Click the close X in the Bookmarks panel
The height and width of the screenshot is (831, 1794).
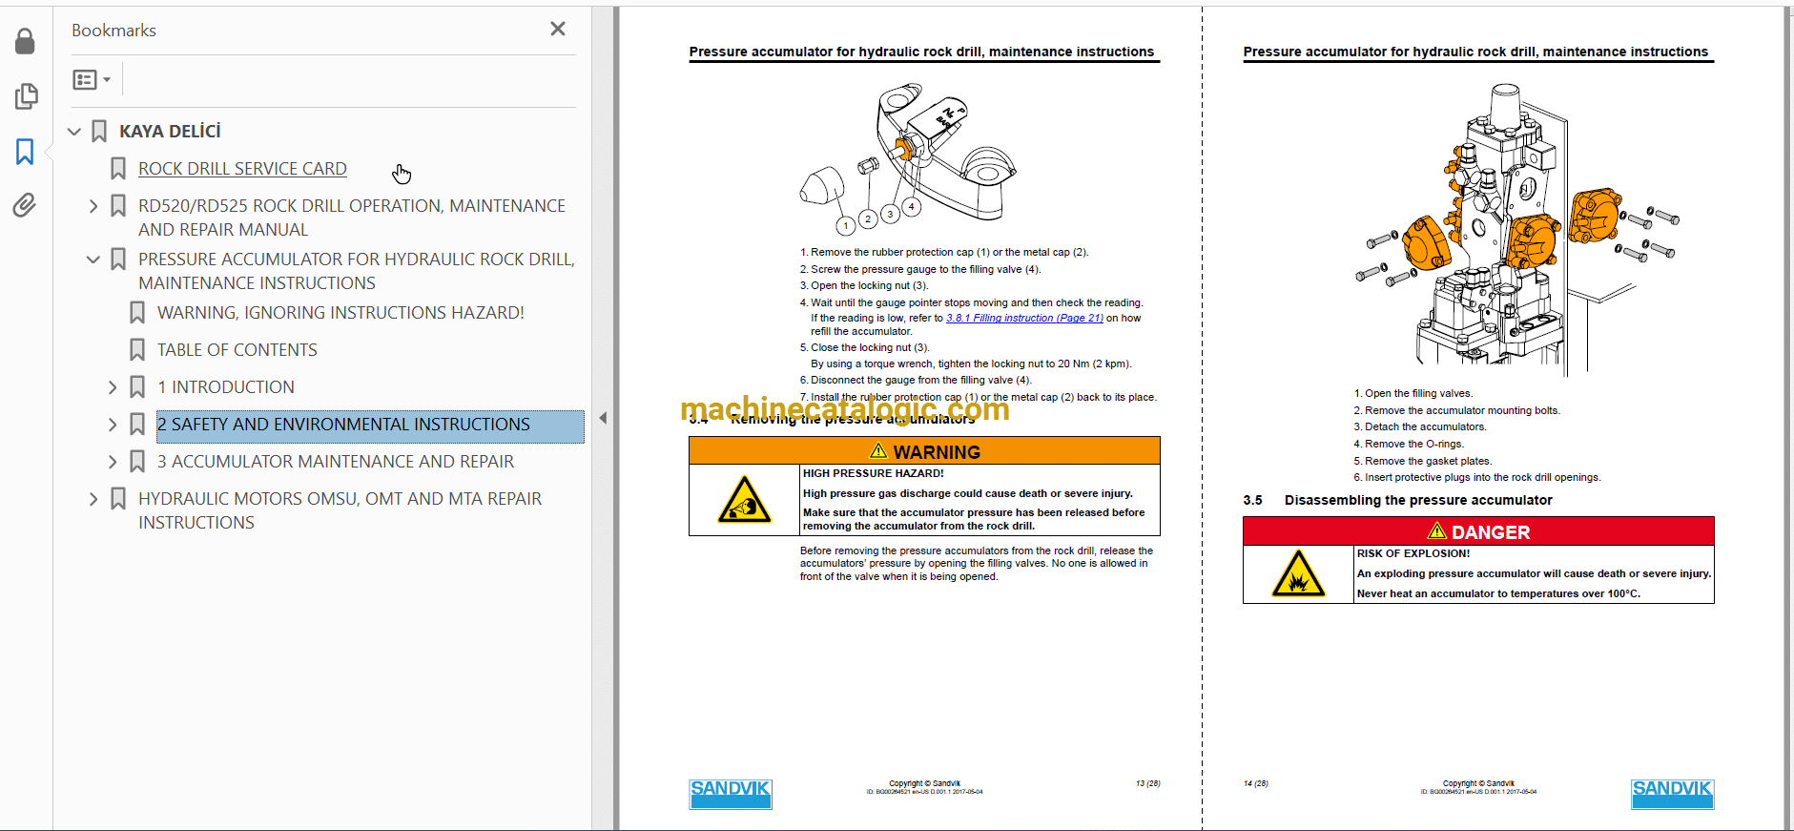point(558,30)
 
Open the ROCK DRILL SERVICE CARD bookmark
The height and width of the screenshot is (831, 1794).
point(242,169)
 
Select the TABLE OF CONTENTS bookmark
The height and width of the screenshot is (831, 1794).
point(237,350)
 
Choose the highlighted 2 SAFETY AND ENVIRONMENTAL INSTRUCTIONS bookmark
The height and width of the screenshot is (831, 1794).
point(343,425)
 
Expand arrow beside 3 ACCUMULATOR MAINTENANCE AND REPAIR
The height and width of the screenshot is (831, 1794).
point(113,462)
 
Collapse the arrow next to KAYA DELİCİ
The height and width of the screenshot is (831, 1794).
point(74,132)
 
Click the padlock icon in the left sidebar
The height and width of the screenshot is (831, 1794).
point(25,42)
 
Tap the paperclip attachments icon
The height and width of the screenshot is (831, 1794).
point(25,205)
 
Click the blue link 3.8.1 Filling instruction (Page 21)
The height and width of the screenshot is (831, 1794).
point(1023,319)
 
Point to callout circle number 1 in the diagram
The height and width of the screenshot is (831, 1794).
point(845,226)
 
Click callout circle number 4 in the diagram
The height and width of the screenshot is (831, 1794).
point(912,206)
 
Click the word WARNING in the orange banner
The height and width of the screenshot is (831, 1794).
point(936,452)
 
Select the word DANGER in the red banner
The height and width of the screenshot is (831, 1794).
point(1490,532)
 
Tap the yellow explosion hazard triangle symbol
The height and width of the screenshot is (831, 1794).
point(1297,575)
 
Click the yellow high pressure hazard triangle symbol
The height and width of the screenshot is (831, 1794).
point(744,501)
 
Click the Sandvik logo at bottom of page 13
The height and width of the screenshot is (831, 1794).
point(731,794)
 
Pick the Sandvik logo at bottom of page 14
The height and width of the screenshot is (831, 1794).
point(1672,794)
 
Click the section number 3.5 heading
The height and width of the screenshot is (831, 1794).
point(1252,501)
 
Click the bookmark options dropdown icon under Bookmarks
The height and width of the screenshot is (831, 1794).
point(92,80)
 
